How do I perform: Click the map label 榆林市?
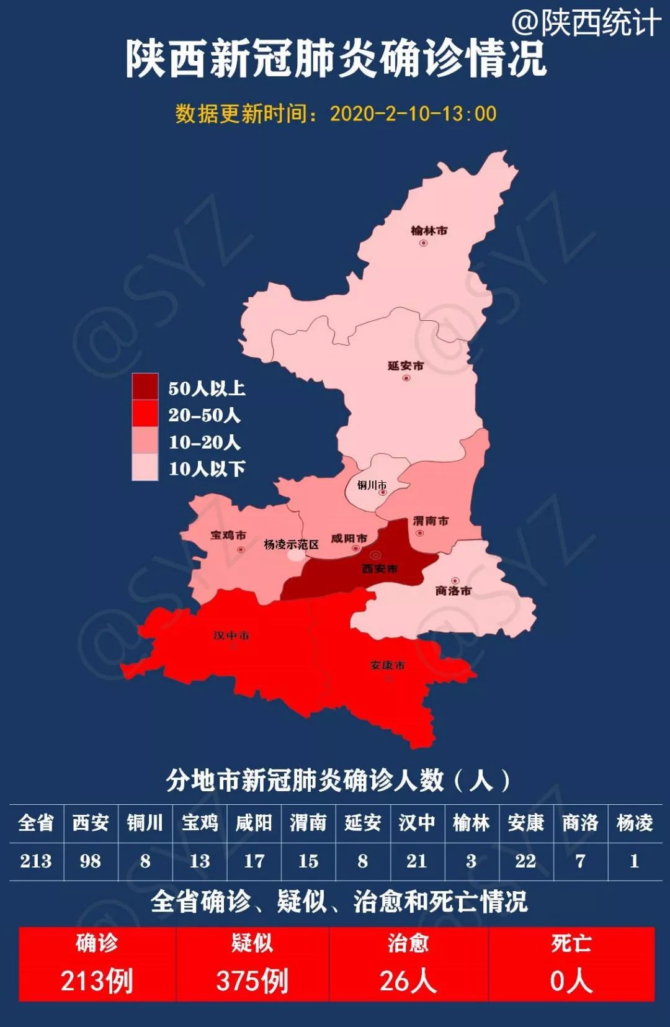tap(429, 230)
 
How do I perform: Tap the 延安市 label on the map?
tap(406, 366)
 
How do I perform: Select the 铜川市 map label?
tap(372, 485)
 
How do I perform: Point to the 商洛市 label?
tap(453, 590)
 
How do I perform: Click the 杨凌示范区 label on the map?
tap(291, 544)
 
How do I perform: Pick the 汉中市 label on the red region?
tap(231, 635)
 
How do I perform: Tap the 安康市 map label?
tap(387, 665)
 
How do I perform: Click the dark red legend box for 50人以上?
tap(145, 387)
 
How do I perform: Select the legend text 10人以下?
tap(207, 469)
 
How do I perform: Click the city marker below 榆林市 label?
tap(423, 243)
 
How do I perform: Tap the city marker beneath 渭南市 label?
tap(420, 532)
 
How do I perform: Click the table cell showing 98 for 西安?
tap(91, 861)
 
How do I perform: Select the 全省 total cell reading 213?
tap(36, 861)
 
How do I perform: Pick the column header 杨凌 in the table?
tap(634, 823)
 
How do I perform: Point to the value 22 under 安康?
tap(525, 861)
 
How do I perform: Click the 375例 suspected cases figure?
tap(252, 981)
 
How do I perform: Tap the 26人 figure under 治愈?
tap(408, 981)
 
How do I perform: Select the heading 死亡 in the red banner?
tap(571, 943)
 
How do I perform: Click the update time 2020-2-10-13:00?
tap(413, 114)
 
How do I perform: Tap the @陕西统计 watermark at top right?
tap(586, 23)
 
